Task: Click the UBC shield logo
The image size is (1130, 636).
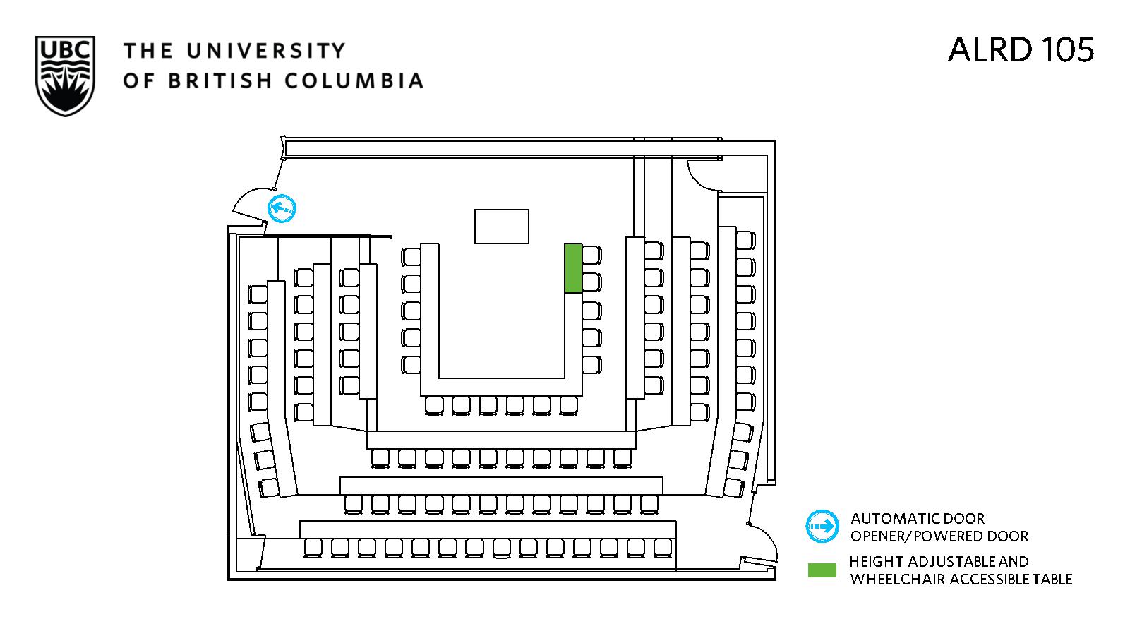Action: [65, 76]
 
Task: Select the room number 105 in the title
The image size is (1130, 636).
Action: [1063, 49]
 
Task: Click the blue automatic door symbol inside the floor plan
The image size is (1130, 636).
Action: [282, 208]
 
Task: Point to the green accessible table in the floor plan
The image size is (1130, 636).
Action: [573, 268]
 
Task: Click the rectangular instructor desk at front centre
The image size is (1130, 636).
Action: [501, 226]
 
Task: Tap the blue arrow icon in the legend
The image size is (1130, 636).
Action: [822, 527]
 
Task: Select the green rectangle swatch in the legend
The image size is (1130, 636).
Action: [822, 570]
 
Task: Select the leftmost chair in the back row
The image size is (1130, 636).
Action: [313, 547]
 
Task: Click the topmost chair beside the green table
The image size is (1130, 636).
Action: [592, 255]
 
